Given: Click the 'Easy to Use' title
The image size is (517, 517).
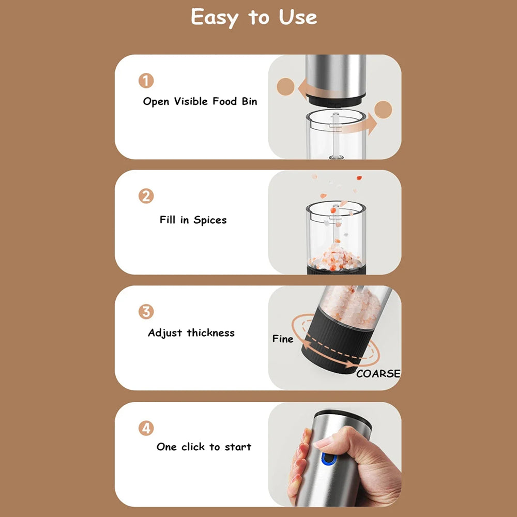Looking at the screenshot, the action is (x=254, y=18).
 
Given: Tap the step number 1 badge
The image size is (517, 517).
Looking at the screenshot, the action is (x=146, y=81).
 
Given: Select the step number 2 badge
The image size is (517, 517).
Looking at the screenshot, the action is (x=146, y=196).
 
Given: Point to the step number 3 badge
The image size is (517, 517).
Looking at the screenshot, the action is (x=146, y=312).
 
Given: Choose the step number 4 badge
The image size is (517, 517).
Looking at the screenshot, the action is (x=146, y=428).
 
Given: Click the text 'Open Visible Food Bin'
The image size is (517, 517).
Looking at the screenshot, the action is (x=200, y=101).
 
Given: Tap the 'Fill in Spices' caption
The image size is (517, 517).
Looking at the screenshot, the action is (x=193, y=220).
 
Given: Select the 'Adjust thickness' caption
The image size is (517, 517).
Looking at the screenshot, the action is (x=191, y=332).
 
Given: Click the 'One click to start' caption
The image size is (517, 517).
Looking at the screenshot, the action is (x=204, y=447).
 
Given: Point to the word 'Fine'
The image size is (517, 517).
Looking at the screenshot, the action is (x=283, y=339).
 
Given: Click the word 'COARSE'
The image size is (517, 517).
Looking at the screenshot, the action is (x=378, y=374).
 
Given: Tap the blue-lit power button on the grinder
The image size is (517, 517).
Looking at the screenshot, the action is (x=328, y=458).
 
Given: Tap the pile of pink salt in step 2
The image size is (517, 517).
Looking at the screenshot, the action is (x=334, y=257).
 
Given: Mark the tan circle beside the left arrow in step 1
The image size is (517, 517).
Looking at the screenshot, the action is (x=285, y=87).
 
